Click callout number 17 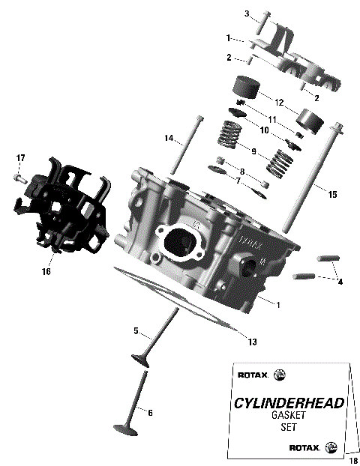pos(21,157)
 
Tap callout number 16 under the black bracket pos(46,271)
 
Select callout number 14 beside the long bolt pos(170,137)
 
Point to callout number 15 pos(332,194)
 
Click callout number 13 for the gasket pos(252,342)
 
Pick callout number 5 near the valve pos(136,330)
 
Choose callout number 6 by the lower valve pos(150,412)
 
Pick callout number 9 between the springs pos(253,151)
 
